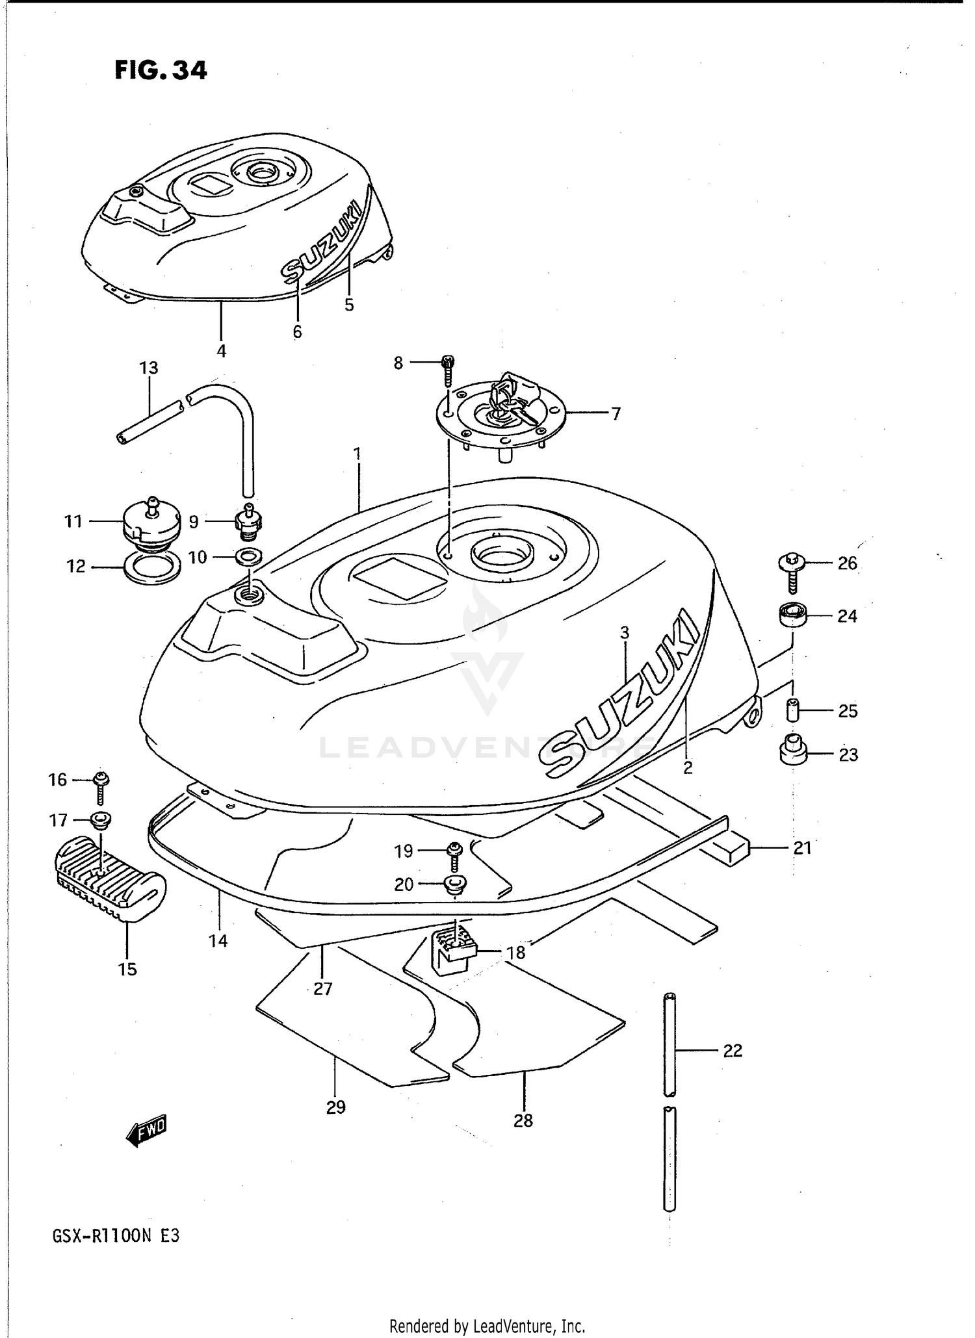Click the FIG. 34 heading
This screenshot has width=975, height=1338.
161,70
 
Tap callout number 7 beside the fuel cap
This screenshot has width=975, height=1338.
616,413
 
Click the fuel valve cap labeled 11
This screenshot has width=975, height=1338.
150,524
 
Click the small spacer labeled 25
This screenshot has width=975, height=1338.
792,710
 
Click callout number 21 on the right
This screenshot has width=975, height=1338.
802,848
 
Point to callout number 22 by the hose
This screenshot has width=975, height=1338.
733,1051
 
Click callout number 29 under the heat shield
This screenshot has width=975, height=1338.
335,1107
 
